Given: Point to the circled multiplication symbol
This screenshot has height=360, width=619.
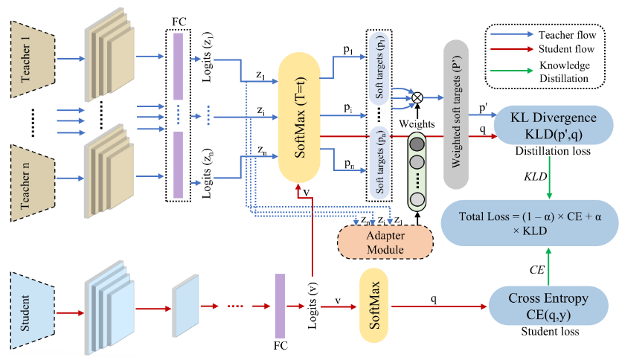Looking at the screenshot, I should click(417, 97).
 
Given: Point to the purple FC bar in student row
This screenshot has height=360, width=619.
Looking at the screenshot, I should click(280, 304).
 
